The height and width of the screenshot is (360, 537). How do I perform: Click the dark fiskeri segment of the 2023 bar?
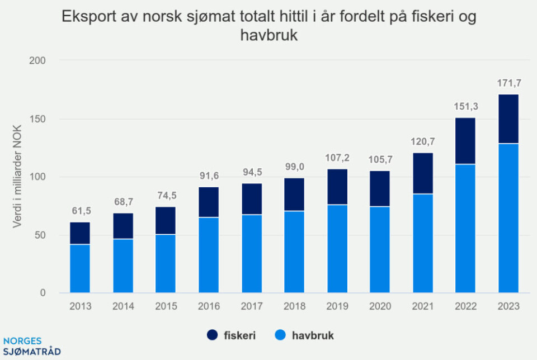coord(508,119)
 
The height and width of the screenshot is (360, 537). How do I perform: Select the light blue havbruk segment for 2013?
coord(80,268)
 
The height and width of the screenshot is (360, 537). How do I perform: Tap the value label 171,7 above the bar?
coord(508,84)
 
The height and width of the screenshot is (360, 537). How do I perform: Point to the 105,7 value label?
coord(380,160)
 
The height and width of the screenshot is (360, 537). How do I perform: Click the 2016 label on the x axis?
coord(209,306)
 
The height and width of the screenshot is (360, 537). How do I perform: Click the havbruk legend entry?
coord(305,335)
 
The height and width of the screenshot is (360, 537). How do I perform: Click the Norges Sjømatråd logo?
coord(31,347)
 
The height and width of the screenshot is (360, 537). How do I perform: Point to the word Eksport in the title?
coord(87,16)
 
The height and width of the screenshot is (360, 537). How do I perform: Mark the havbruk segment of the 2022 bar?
coord(465,228)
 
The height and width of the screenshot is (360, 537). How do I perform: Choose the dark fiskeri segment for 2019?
coord(337,187)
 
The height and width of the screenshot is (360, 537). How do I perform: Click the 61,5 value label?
coord(80,211)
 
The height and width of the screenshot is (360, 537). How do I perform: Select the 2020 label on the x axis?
coord(380,306)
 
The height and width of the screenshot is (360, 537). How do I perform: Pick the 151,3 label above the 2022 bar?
coord(465,107)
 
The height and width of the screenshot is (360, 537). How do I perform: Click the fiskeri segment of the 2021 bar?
coord(422,173)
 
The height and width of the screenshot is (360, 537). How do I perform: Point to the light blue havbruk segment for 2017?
coord(251,253)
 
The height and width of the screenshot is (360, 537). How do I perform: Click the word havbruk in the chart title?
coord(271,35)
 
